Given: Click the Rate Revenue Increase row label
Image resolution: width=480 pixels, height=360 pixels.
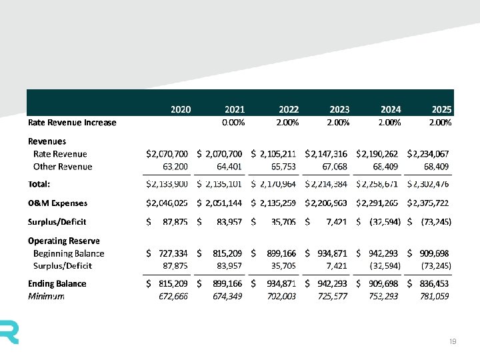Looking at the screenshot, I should (x=72, y=123).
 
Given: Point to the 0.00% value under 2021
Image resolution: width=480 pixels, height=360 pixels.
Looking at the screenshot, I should (x=233, y=123).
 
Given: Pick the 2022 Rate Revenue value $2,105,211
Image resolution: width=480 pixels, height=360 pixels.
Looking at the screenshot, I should (x=274, y=154).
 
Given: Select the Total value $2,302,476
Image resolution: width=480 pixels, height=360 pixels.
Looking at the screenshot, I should (x=429, y=183).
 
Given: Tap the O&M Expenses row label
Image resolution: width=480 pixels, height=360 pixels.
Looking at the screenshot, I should (x=57, y=203).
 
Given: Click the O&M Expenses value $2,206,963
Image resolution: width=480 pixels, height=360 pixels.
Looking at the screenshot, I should (x=326, y=203).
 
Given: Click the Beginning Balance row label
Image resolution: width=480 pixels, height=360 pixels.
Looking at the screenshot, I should (x=69, y=253).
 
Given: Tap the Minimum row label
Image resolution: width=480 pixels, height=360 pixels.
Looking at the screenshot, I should (x=46, y=296).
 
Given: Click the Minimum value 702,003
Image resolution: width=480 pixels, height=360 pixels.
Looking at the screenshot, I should (x=281, y=296).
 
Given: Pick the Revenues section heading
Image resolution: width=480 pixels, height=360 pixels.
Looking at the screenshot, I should (x=47, y=141).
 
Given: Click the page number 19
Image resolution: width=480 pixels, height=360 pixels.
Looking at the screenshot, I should (x=453, y=342).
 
